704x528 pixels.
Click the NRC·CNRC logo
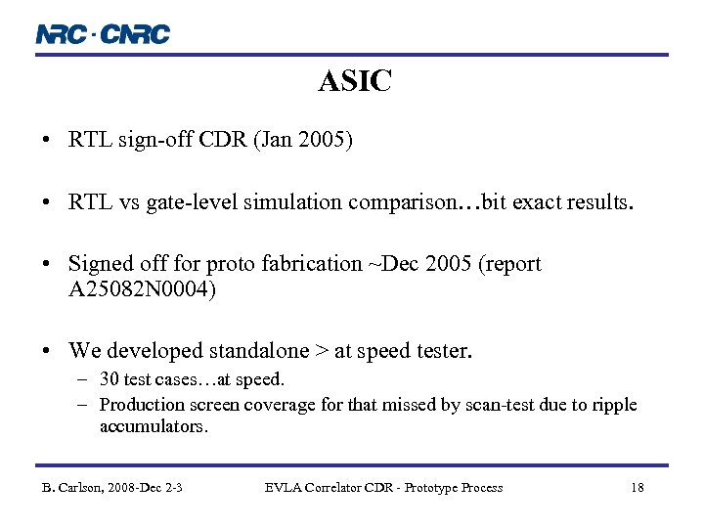pos(103,34)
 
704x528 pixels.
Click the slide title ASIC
pos(355,82)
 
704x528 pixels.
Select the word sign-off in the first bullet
pos(153,140)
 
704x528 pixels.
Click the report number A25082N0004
pos(143,288)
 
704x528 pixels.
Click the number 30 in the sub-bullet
pos(110,379)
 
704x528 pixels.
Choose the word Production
pos(143,404)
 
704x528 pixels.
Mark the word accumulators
pos(154,426)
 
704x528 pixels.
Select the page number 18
pos(637,487)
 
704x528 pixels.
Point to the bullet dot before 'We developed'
pos(47,350)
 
